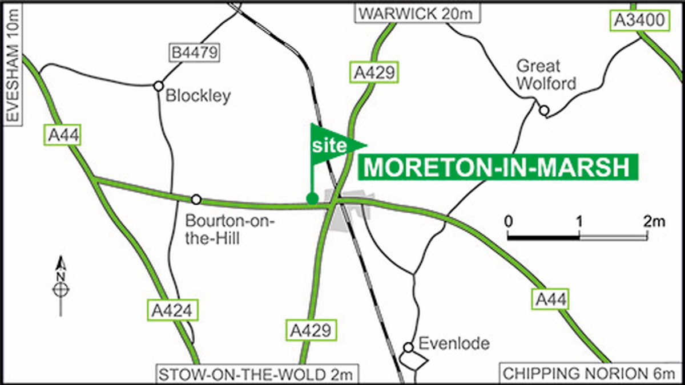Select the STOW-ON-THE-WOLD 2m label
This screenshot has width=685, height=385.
258,375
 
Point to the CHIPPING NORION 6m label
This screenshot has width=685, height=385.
591,374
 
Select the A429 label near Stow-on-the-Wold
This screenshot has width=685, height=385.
311,330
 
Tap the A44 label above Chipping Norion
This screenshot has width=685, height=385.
551,299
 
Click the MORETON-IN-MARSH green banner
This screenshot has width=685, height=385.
497,168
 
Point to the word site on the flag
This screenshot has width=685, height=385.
329,146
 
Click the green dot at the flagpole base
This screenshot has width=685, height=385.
312,198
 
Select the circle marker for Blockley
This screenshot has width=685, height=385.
158,86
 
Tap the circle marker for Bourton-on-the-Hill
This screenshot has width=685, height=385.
196,199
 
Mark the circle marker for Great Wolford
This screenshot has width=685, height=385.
545,110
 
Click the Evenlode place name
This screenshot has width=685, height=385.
454,343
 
